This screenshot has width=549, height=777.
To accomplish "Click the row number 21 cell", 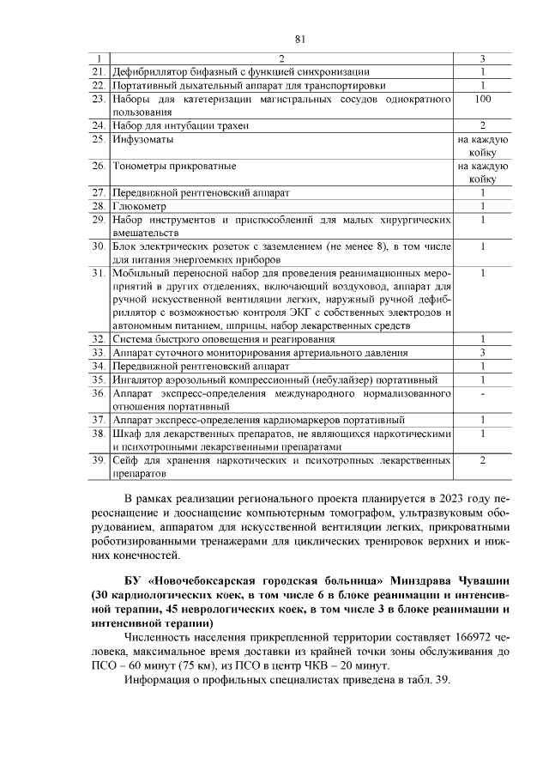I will (x=99, y=71).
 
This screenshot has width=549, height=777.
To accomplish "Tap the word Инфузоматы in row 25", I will (x=142, y=139).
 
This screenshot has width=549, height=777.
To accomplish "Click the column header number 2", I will (x=281, y=58).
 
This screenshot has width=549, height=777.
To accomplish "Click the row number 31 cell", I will (x=99, y=273).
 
